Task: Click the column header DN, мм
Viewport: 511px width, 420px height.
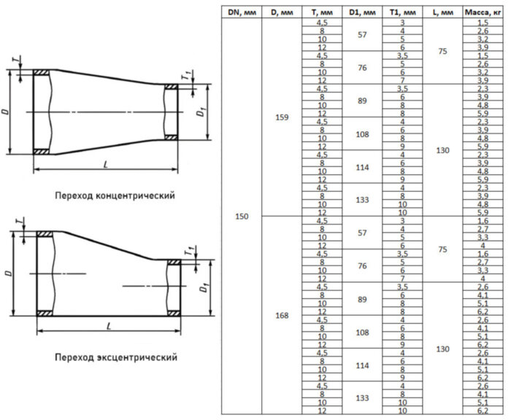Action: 241,12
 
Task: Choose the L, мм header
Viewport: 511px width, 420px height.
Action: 442,12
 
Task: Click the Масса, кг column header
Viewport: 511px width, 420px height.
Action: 482,12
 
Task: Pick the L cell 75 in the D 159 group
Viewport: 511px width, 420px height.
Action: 442,52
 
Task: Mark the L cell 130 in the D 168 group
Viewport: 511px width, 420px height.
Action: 442,349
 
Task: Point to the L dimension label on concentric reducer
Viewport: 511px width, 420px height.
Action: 105,165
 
